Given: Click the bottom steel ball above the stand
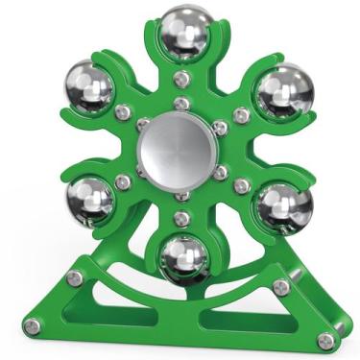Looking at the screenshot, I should [183, 256].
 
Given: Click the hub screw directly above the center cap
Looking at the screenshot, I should [180, 102].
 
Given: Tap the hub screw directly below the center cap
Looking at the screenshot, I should [180, 195].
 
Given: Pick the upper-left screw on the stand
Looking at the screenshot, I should [75, 278].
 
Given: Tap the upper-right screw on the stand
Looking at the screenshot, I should [279, 287].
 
